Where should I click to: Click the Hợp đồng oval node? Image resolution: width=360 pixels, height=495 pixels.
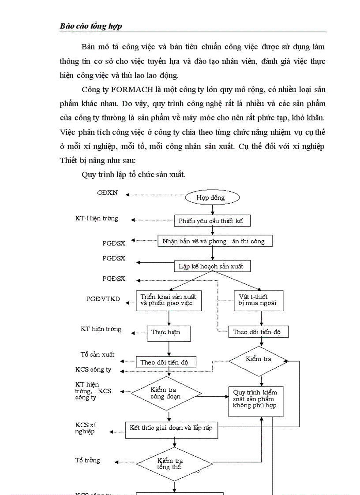click(x=211, y=197)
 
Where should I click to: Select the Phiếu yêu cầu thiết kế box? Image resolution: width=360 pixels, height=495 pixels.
click(x=210, y=220)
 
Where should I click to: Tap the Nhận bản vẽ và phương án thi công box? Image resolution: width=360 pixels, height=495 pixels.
click(x=214, y=241)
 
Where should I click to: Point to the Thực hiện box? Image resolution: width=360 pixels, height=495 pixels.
click(x=169, y=332)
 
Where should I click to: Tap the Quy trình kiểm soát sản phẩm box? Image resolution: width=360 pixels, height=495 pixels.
click(x=255, y=398)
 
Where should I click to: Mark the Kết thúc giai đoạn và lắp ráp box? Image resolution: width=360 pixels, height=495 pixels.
click(x=172, y=428)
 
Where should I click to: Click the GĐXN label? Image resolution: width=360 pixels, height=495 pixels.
click(x=107, y=193)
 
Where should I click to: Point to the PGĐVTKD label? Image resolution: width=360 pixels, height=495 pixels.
click(x=103, y=299)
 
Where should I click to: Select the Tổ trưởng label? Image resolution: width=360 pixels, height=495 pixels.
click(x=87, y=460)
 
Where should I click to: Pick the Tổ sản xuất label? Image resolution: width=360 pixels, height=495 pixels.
click(x=97, y=354)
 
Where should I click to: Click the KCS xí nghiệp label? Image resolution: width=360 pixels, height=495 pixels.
click(x=85, y=428)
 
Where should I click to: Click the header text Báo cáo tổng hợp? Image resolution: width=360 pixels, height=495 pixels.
click(x=91, y=26)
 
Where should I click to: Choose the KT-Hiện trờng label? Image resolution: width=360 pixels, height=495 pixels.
click(x=97, y=218)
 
